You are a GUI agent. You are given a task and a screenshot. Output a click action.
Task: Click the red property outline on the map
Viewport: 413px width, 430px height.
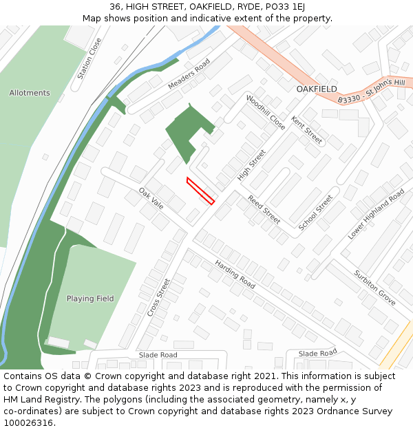click(200, 191)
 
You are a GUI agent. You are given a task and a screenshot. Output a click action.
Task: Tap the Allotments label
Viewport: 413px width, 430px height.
click(30, 93)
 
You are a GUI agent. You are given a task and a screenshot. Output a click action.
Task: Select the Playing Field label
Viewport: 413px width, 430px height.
click(90, 299)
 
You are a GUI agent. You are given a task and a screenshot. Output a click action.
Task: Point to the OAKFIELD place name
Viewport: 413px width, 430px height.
click(317, 89)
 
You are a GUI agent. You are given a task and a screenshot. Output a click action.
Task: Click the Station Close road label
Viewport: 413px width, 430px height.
click(89, 58)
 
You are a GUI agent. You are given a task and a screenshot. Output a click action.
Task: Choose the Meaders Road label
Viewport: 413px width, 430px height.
click(189, 74)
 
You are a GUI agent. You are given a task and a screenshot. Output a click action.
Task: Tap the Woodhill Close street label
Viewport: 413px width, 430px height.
click(265, 112)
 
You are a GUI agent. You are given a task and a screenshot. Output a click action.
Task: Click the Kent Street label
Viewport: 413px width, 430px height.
click(306, 130)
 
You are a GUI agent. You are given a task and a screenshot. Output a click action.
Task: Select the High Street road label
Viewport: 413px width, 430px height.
click(251, 165)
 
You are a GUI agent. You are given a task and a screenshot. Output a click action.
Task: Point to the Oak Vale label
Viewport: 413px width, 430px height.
click(151, 199)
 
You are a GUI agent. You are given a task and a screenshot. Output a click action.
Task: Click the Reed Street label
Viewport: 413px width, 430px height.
click(264, 209)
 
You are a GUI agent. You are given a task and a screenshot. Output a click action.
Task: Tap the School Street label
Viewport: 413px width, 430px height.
click(315, 213)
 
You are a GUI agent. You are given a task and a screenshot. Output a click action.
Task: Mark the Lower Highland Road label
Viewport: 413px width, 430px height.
click(376, 215)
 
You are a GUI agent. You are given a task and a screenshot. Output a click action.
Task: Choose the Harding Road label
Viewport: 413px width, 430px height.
click(235, 274)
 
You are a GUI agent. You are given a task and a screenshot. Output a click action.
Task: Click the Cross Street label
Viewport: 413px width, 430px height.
click(158, 297)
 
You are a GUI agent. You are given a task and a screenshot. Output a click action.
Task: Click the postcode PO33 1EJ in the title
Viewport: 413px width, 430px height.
click(284, 7)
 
